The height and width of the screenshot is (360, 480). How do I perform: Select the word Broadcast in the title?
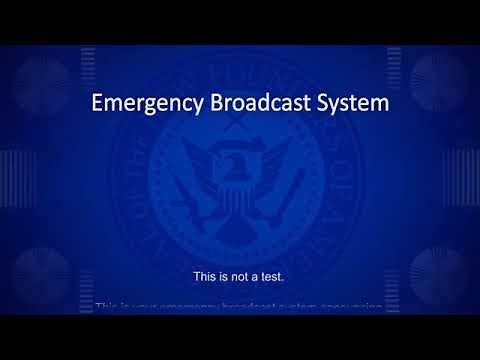point(255,103)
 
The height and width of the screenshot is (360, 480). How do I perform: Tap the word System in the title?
point(351,103)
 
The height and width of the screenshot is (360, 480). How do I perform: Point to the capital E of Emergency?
point(96,103)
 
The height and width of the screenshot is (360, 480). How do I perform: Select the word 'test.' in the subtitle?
point(279,276)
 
